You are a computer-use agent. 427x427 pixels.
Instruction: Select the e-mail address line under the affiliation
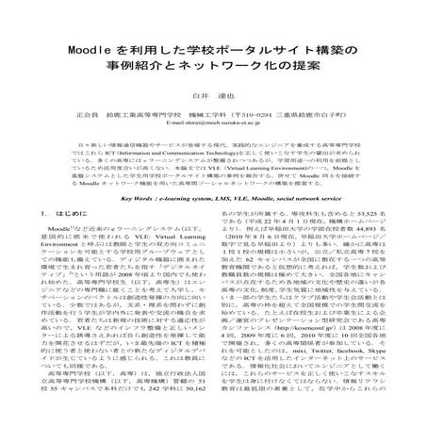pyautogui.click(x=212, y=123)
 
